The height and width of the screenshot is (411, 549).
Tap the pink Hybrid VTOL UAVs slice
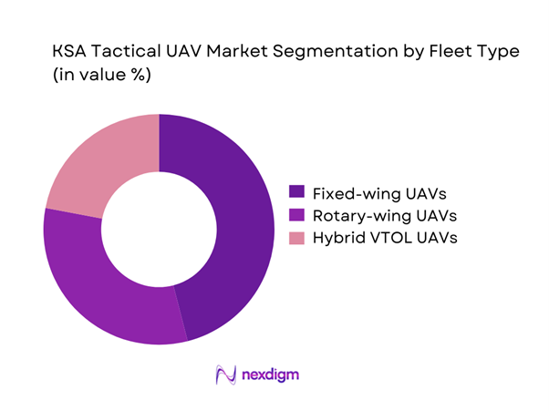[100, 159]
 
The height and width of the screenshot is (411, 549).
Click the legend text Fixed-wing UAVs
[369, 192]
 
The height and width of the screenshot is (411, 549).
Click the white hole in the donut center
[159, 228]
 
